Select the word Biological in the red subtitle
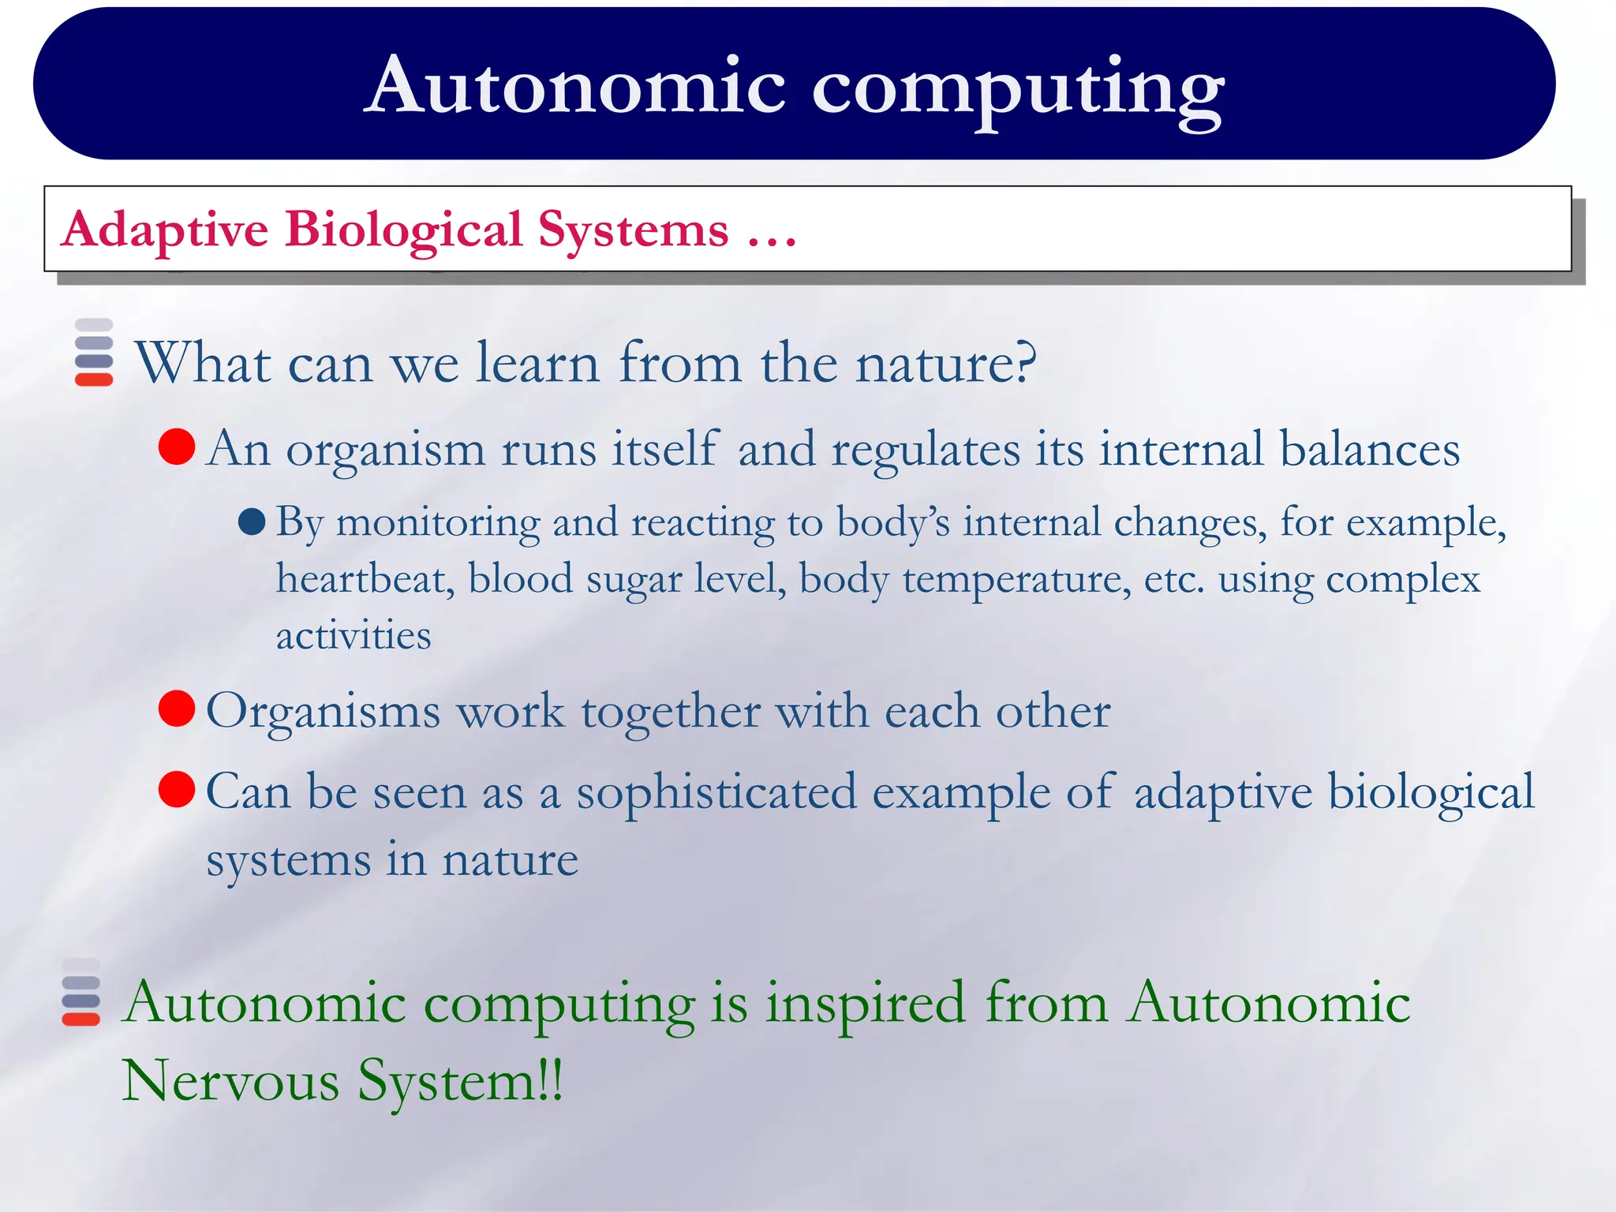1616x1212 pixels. pos(403,230)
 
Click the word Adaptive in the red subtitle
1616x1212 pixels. pos(165,230)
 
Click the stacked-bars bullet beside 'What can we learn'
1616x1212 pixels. pos(94,353)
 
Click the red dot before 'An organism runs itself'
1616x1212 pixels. pos(177,447)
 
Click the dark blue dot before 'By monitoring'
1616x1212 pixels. pos(252,522)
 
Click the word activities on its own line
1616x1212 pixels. pos(353,636)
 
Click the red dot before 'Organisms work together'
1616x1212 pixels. pos(177,709)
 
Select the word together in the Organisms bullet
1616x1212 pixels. pos(671,712)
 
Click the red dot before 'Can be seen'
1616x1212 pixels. pos(177,790)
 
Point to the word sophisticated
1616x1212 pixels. pos(716,792)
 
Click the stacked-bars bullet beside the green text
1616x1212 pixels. pos(81,993)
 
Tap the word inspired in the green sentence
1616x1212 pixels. pos(866,1004)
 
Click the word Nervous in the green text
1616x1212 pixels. pos(230,1081)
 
